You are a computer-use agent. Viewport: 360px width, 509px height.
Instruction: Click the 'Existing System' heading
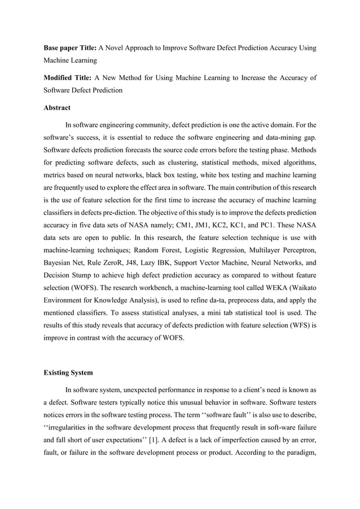click(69, 373)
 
